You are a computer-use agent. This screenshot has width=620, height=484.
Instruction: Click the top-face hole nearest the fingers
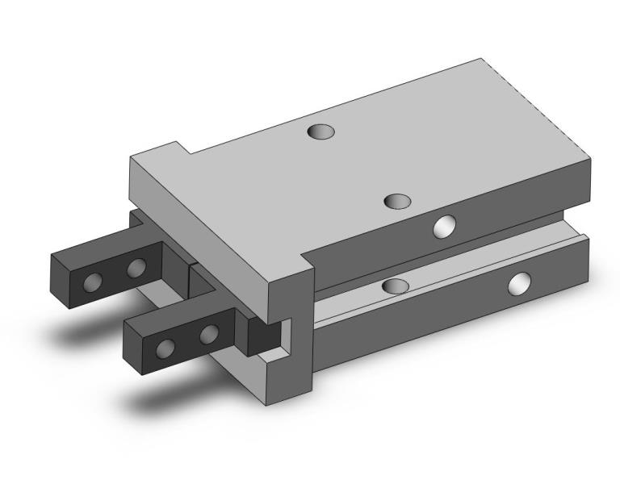[x=321, y=130]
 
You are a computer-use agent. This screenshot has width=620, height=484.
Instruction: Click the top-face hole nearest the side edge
[x=397, y=201]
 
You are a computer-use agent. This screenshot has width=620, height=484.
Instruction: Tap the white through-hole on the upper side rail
[x=444, y=227]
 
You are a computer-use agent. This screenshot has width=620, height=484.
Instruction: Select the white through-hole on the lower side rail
[x=521, y=283]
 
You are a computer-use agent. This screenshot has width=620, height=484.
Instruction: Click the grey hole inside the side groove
[x=396, y=286]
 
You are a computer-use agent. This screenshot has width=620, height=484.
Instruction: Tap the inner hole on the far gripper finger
[x=136, y=267]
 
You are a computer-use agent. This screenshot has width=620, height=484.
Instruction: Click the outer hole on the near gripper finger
[x=166, y=348]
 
